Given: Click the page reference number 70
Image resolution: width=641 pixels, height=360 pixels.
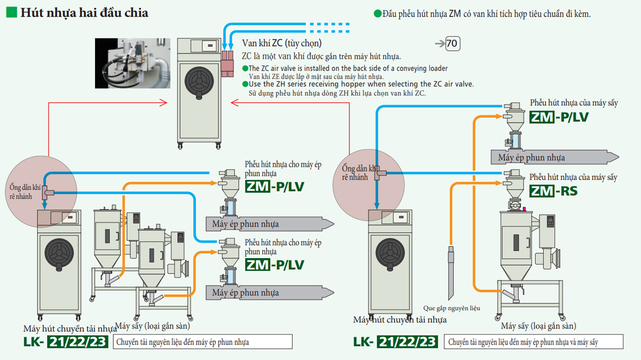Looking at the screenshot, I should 452,44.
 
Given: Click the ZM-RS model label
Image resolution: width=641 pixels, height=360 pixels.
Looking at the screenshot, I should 553,191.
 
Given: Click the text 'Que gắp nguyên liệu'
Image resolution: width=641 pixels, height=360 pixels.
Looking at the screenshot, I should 452,308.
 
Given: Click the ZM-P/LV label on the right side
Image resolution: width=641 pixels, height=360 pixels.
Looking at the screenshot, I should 559,116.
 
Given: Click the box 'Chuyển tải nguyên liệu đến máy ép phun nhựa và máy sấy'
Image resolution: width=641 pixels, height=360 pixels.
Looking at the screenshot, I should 533,342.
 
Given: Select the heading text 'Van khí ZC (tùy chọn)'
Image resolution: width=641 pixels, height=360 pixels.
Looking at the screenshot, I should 282,43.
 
